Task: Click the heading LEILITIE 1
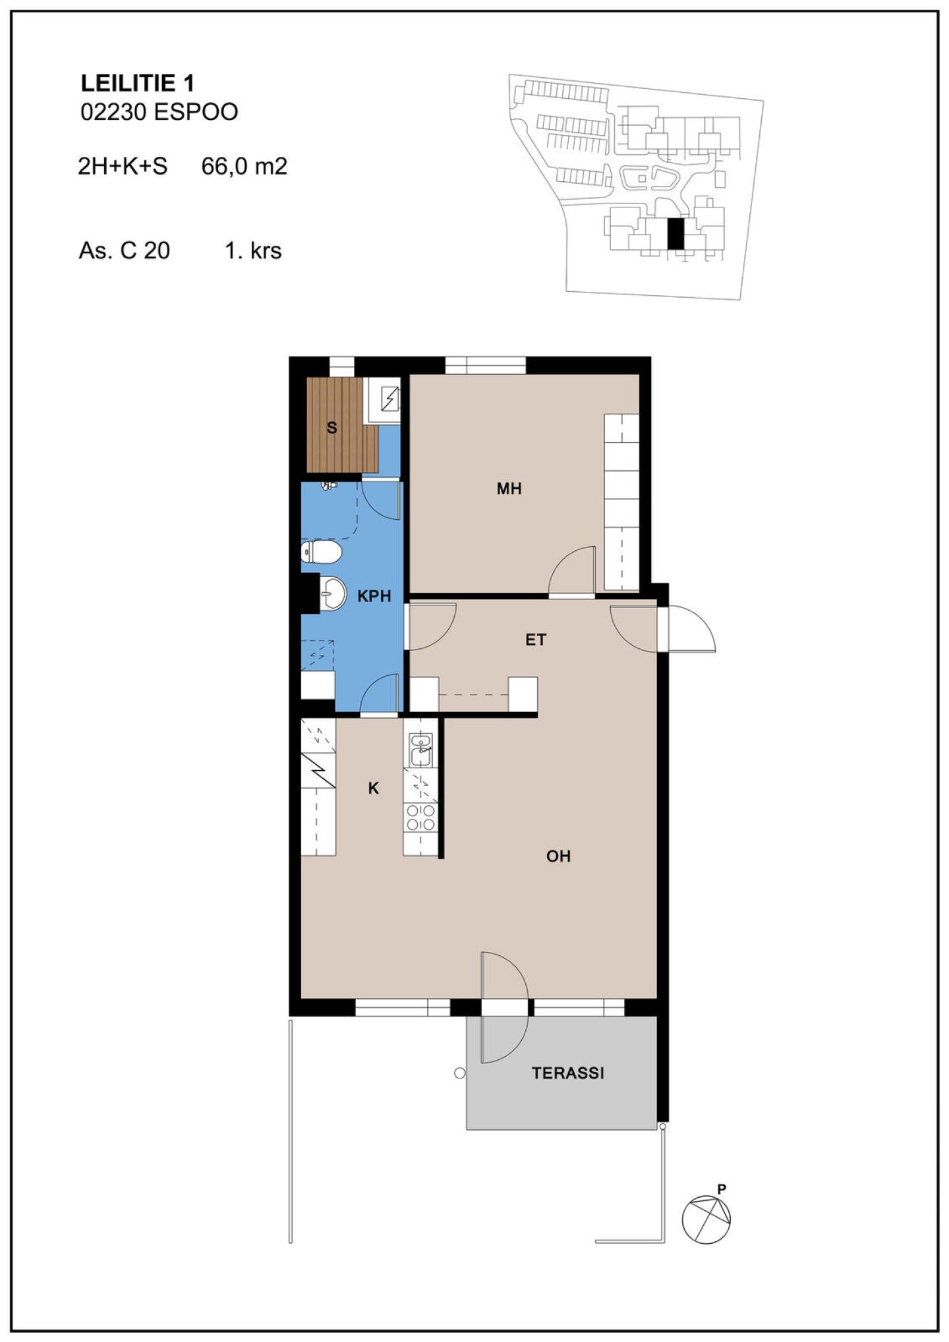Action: [137, 83]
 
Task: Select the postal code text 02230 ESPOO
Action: [159, 112]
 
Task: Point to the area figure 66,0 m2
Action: [244, 166]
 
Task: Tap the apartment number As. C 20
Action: [125, 251]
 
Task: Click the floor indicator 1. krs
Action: [253, 251]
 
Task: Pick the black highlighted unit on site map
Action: [676, 234]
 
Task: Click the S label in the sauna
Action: [332, 428]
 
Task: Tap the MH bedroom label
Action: [509, 488]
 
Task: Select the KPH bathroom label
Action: [374, 596]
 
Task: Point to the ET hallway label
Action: [536, 640]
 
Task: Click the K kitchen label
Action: [374, 788]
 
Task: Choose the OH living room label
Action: [558, 856]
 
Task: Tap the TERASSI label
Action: [568, 1073]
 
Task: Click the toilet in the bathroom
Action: [321, 552]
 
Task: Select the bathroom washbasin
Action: [333, 593]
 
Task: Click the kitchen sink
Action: [420, 750]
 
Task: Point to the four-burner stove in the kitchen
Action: [420, 818]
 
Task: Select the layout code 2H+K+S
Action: [123, 166]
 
